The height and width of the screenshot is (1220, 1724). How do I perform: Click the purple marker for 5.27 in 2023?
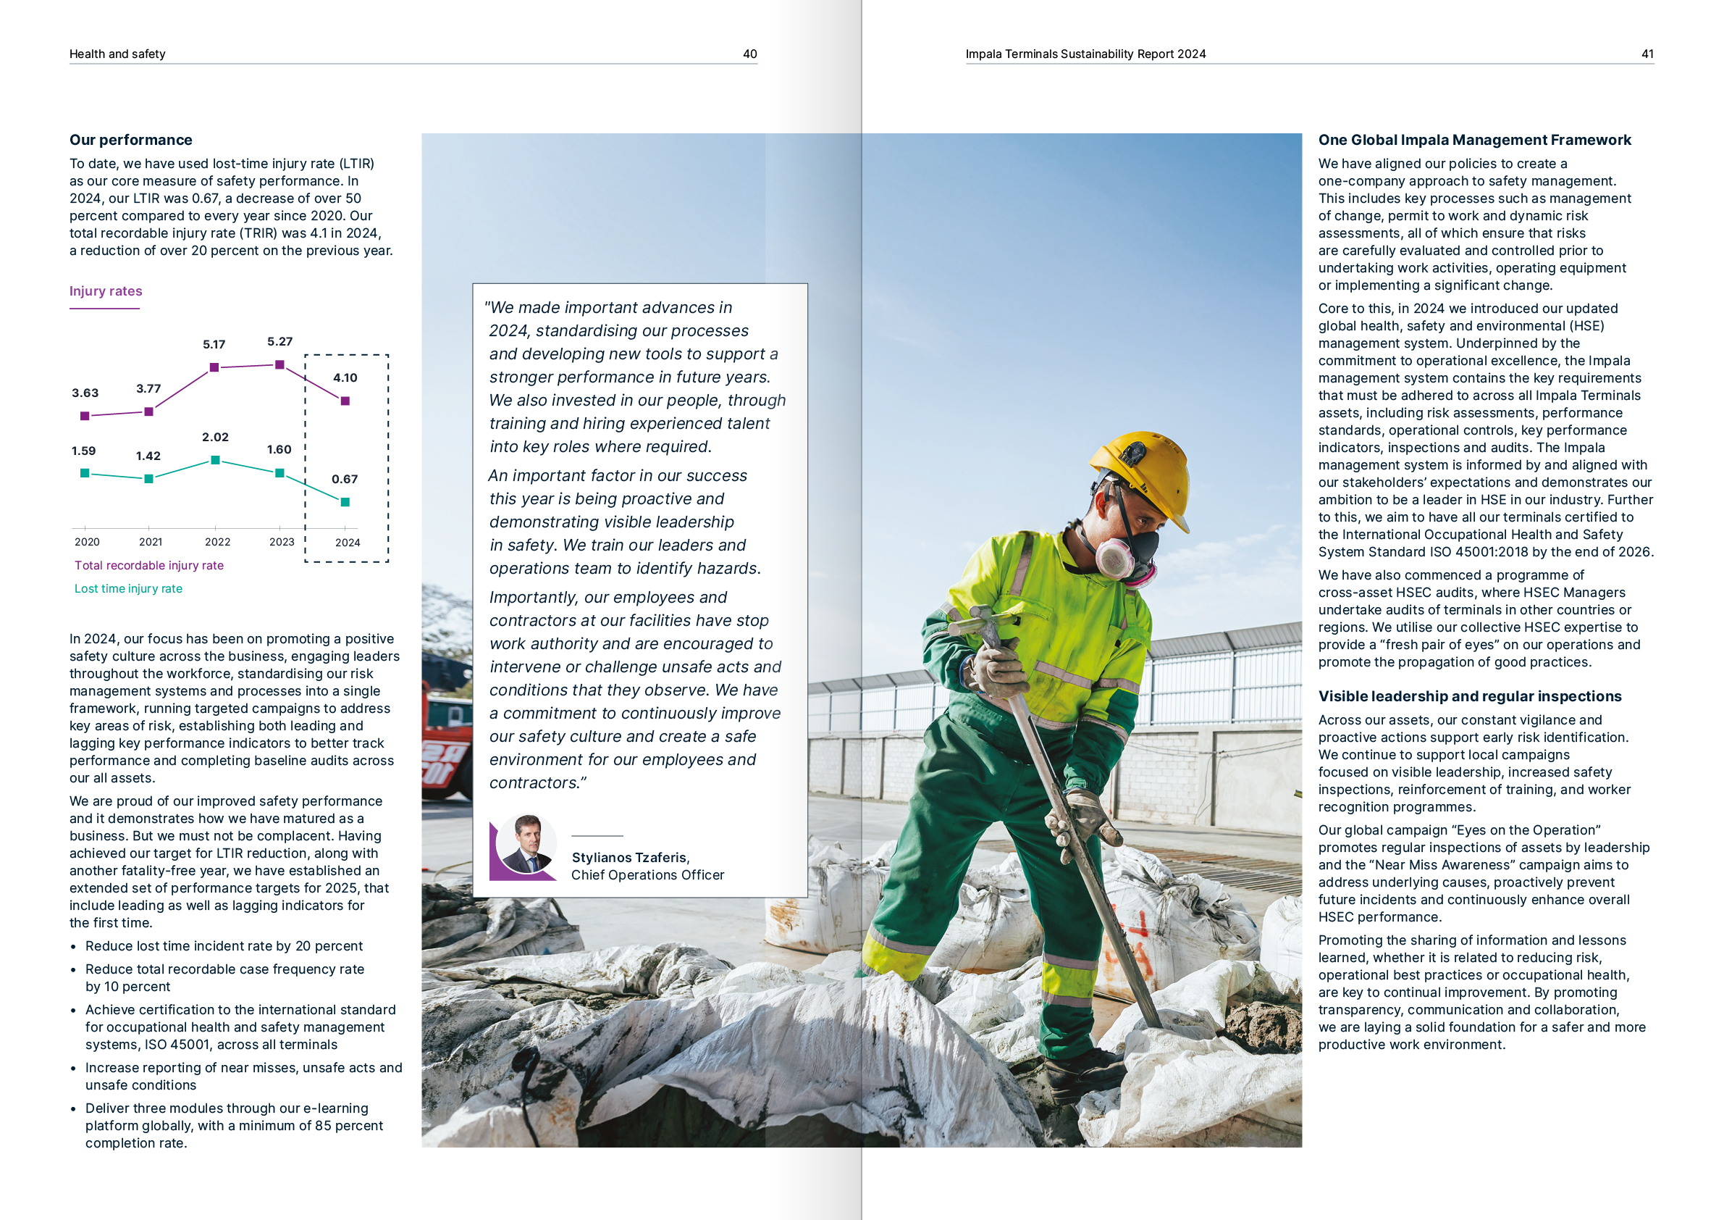[279, 364]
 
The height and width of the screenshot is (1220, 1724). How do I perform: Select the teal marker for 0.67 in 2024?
[345, 502]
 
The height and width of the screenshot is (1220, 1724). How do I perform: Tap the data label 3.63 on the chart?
[85, 393]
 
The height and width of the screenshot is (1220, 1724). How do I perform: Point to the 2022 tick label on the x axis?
[218, 542]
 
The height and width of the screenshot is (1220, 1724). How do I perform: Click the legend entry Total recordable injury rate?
[148, 566]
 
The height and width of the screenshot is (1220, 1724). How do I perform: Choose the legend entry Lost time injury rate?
[128, 589]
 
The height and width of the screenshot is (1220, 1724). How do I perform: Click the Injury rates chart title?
[106, 291]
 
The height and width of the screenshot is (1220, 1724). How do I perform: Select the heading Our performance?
[130, 140]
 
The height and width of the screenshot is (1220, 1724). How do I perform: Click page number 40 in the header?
[749, 54]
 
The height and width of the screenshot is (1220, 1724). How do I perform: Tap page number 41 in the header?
[1647, 54]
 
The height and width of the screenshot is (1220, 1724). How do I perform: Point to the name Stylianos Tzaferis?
[630, 858]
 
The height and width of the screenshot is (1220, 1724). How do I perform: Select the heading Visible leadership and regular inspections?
[1469, 696]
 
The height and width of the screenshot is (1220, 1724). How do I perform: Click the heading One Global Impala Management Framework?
[1475, 140]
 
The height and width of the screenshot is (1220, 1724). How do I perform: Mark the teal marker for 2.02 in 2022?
[216, 460]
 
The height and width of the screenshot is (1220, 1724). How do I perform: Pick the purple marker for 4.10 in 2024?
[345, 401]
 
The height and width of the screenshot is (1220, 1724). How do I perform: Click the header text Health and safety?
[117, 54]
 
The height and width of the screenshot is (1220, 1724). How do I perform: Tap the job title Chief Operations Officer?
[647, 875]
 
